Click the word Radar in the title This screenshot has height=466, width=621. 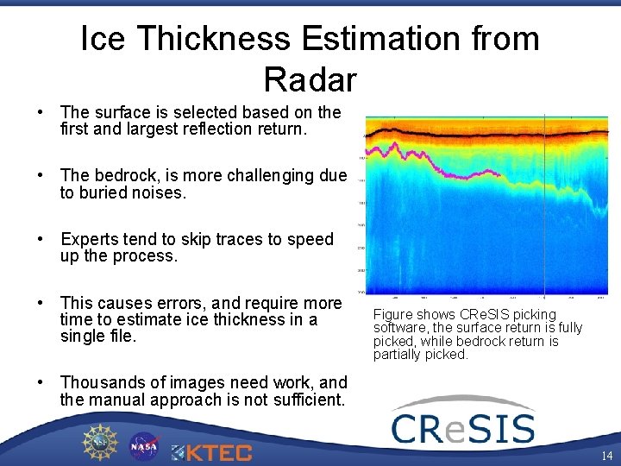pos(310,79)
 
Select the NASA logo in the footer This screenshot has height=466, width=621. pos(144,446)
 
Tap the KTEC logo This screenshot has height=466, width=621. pos(212,451)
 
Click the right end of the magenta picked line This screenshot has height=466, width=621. pos(501,177)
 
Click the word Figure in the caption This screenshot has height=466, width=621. pos(393,314)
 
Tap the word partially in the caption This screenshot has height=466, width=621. pos(398,355)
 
